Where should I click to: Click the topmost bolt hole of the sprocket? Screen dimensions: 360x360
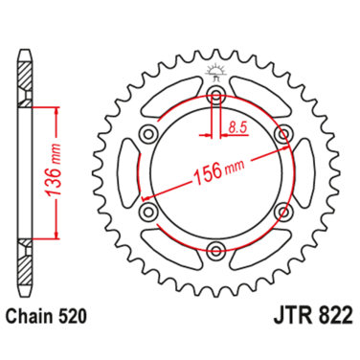tap(216, 96)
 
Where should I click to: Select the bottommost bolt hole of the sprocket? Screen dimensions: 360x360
tap(216, 251)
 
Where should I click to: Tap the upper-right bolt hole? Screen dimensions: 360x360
tap(283, 135)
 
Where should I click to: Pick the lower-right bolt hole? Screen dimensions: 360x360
tap(283, 213)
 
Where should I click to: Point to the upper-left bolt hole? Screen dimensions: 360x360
tap(148, 135)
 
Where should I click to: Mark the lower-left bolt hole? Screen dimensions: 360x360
tap(148, 213)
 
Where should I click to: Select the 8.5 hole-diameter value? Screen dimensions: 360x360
tap(238, 125)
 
